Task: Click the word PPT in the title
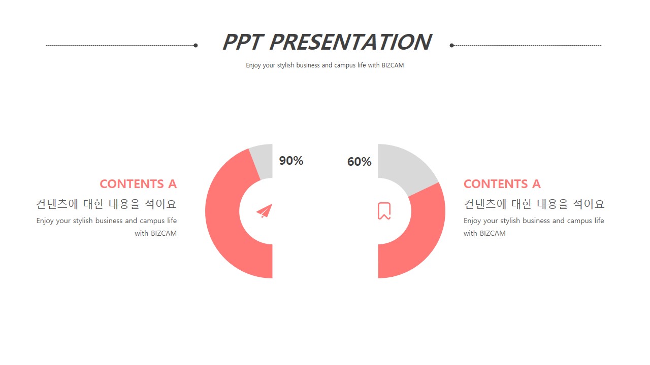tap(243, 42)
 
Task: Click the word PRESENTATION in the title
tap(351, 42)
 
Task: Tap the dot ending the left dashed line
tap(196, 45)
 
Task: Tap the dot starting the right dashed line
tap(451, 45)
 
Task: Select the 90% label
tap(291, 161)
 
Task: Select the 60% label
tap(359, 162)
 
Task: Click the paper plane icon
tap(265, 210)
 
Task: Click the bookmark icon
tap(384, 210)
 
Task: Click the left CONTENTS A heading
tap(138, 184)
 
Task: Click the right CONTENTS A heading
tap(502, 184)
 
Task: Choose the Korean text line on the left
tap(106, 204)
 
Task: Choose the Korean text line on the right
tap(534, 204)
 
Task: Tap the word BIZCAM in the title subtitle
tap(393, 65)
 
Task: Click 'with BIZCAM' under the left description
tap(155, 233)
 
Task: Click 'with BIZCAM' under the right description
tap(484, 233)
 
